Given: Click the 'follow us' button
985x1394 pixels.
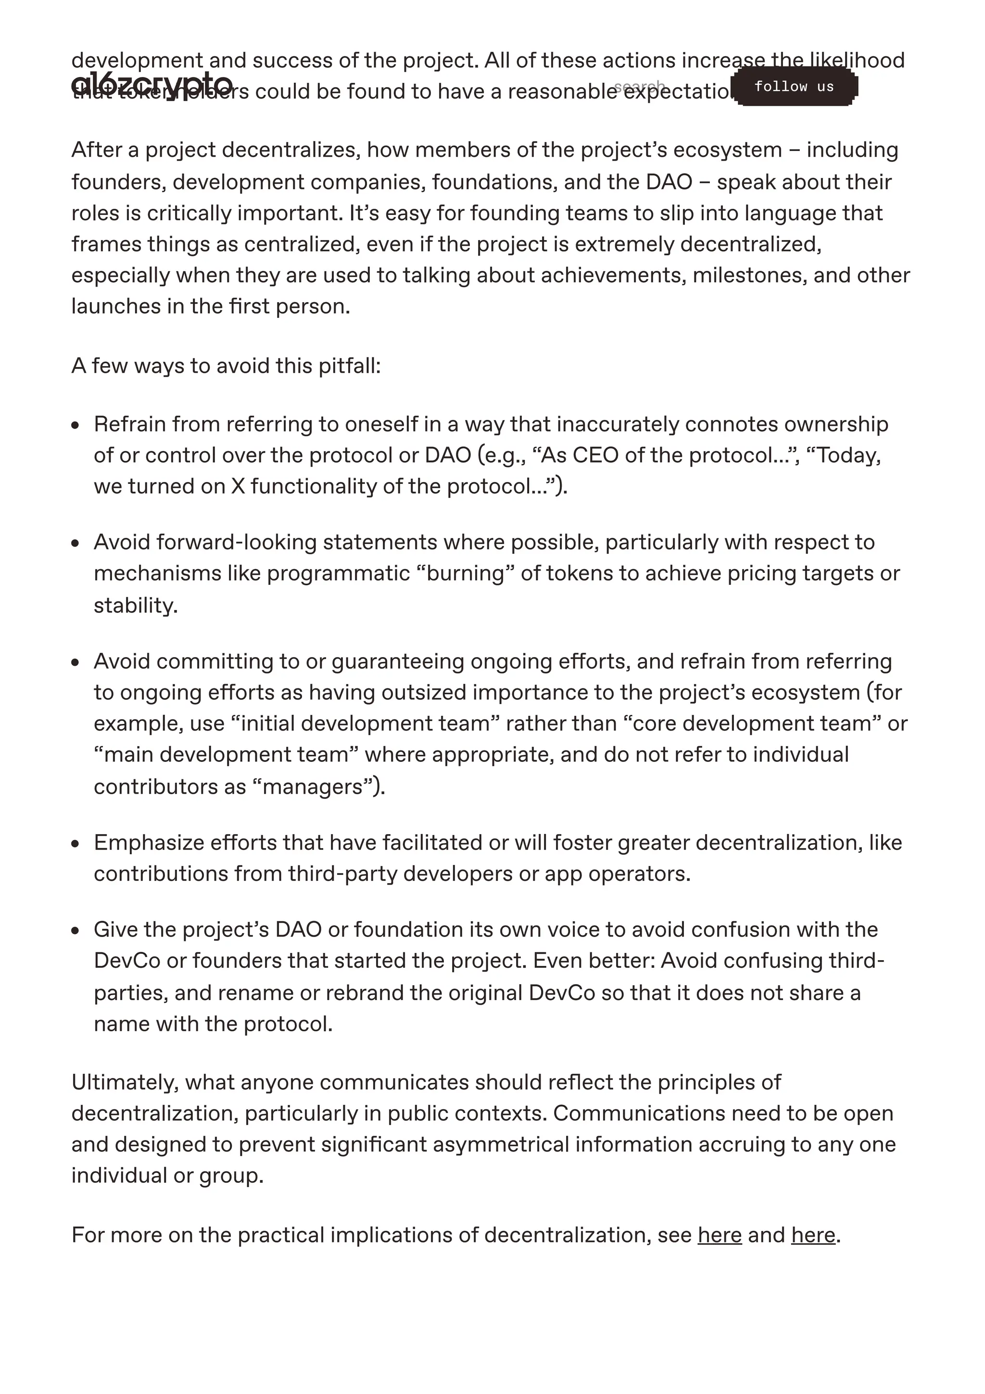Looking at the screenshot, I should click(794, 87).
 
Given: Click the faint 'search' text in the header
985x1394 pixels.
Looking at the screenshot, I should click(639, 85).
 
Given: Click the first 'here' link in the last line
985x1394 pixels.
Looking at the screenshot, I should click(719, 1235).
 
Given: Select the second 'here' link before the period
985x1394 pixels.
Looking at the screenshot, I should click(813, 1235).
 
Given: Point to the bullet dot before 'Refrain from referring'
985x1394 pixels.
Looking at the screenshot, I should click(75, 426).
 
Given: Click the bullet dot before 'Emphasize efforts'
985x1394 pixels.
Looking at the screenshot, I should click(75, 844).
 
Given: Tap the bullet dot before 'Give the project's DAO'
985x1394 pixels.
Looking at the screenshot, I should click(75, 931).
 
